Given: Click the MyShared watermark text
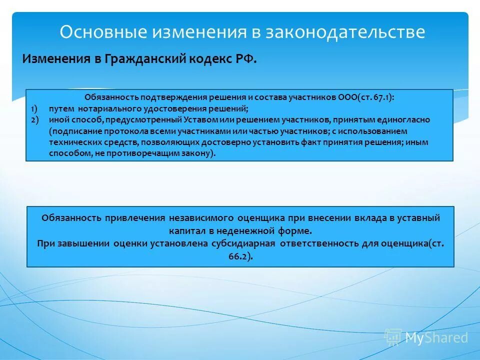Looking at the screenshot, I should [436, 337].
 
